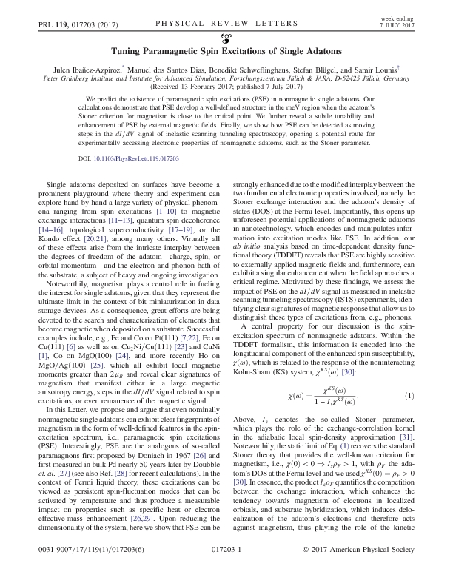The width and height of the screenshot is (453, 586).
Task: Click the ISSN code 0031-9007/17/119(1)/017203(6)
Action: pyautogui.click(x=81, y=572)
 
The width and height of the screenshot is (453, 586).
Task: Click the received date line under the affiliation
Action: pyautogui.click(x=226, y=86)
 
